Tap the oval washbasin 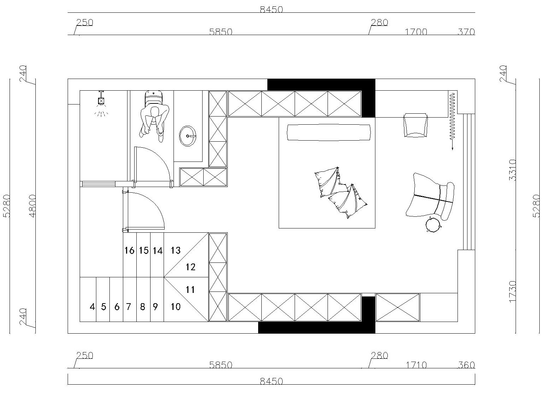tap(188, 136)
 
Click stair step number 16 tap(129, 250)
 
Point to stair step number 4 tap(92, 307)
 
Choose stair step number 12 tap(191, 267)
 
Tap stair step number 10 tap(175, 307)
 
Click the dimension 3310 tap(512, 170)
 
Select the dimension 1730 tap(512, 291)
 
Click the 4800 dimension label tap(32, 206)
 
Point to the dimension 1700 tap(416, 32)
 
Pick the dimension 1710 tap(416, 365)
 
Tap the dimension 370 tap(466, 32)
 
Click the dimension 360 tap(466, 365)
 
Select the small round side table tap(433, 224)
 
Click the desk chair tap(415, 125)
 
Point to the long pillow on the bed tap(329, 132)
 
